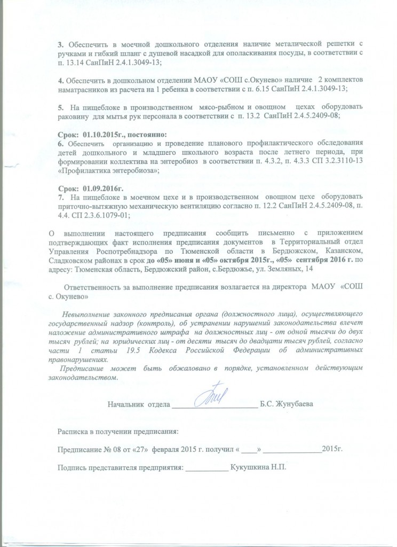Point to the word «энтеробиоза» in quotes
click(134, 170)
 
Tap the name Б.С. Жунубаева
click(287, 404)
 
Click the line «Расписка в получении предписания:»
click(118, 431)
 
